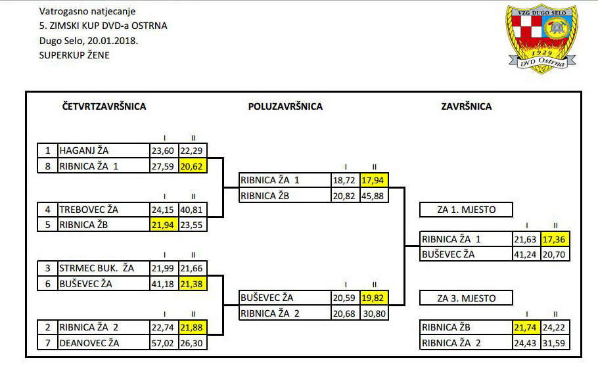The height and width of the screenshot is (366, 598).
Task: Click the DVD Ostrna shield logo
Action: coord(542,39)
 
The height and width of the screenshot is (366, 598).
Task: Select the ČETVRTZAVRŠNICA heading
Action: coord(104,106)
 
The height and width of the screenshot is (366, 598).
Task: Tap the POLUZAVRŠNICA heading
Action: coord(285,106)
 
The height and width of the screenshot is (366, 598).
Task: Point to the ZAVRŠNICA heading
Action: coord(466,106)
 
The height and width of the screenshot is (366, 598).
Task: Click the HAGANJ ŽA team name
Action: coord(84,150)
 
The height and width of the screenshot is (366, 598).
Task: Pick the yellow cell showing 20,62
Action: coord(193,166)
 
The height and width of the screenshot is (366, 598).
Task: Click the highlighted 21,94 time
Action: coord(164,225)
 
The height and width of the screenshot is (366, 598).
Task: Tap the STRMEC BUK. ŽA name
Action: coord(97,268)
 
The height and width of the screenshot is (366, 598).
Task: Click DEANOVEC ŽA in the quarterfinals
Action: coord(89,343)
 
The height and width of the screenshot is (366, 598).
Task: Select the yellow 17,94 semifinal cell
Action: coord(375,180)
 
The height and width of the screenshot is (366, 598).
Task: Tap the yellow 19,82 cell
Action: coord(375,298)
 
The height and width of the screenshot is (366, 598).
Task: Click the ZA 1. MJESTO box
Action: coord(466,210)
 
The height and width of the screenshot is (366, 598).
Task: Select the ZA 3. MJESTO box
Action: coord(466,298)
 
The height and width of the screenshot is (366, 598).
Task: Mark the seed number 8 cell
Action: coord(47,166)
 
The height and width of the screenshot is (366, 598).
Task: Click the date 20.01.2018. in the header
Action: coord(112,41)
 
